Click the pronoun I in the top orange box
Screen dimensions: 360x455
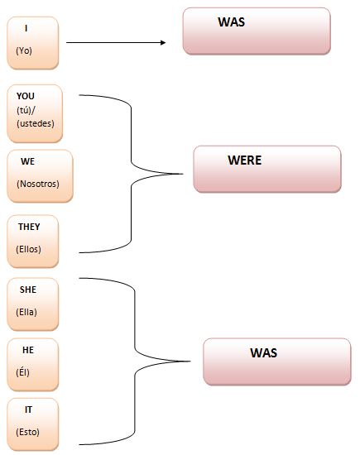click(26, 28)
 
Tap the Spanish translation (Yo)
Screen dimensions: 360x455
click(24, 50)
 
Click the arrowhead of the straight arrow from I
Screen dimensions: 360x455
click(163, 43)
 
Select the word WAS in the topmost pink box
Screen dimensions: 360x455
click(232, 22)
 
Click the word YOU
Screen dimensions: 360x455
click(26, 96)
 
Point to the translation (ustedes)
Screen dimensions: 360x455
click(36, 123)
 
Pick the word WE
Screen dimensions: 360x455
click(27, 161)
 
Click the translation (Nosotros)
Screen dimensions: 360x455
click(38, 184)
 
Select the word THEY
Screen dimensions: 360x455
click(29, 227)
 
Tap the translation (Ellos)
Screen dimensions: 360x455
click(28, 249)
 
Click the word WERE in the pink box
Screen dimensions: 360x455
click(245, 160)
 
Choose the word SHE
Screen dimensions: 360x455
click(28, 290)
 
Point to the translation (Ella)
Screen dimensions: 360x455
click(26, 312)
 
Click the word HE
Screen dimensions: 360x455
click(28, 350)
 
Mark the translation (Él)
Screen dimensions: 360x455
click(22, 372)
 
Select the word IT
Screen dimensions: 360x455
click(28, 409)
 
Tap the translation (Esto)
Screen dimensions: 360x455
click(27, 432)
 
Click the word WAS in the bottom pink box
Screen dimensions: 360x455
click(264, 353)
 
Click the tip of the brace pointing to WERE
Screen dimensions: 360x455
click(183, 174)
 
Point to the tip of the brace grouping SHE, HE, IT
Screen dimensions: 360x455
click(190, 362)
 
